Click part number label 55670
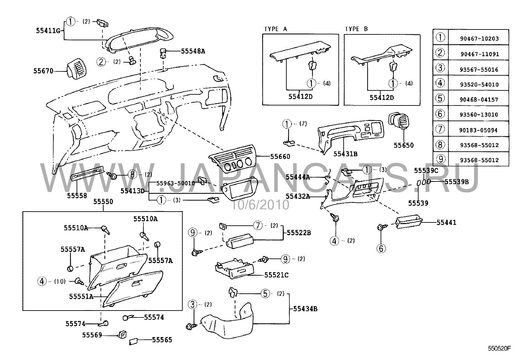[43, 71]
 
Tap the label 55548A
[193, 51]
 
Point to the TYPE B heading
[356, 29]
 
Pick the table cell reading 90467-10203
[479, 39]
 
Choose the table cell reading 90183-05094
[479, 130]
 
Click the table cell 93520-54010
[479, 85]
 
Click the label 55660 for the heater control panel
[280, 157]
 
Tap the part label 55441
[446, 222]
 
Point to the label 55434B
[305, 309]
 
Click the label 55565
[162, 340]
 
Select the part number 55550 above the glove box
[103, 202]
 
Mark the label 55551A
[81, 296]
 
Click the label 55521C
[276, 275]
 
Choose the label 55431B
[345, 153]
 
